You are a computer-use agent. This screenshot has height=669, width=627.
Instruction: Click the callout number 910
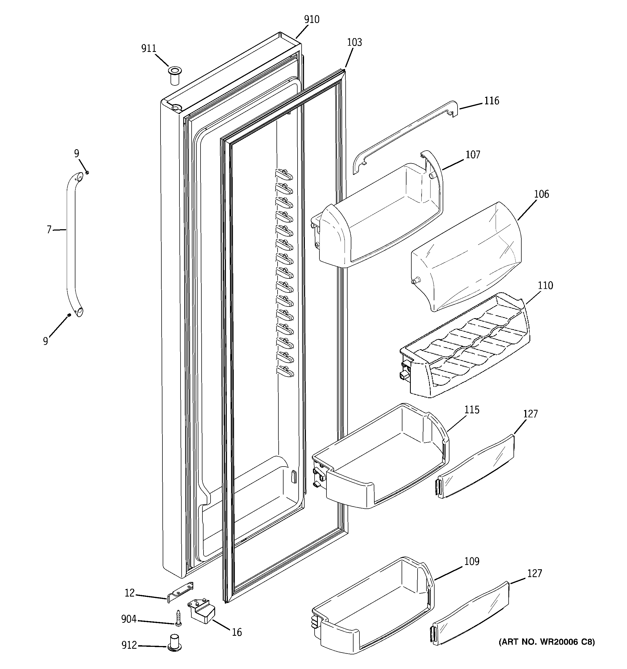tap(312, 20)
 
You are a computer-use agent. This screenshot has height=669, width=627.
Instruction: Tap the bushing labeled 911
tap(174, 76)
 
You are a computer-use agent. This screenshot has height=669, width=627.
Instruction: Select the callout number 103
tap(354, 42)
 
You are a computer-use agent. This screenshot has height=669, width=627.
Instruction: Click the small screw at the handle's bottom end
tap(69, 315)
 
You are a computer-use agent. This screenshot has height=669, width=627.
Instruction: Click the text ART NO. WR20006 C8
tap(546, 642)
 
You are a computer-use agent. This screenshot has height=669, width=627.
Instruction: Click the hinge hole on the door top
tap(175, 108)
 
